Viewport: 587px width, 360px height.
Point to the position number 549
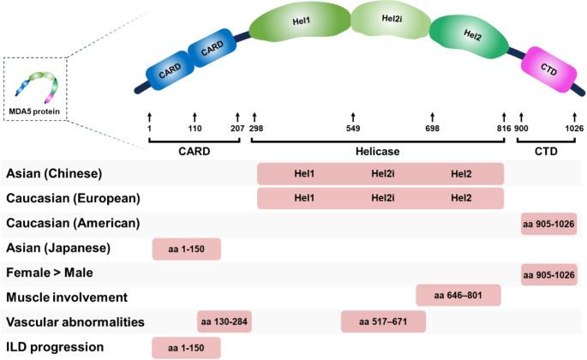(353, 129)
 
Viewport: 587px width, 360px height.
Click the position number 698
(432, 129)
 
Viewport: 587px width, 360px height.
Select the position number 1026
(573, 129)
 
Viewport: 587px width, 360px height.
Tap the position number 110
(195, 129)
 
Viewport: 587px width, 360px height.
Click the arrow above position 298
(254, 115)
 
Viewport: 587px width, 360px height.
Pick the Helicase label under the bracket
(378, 149)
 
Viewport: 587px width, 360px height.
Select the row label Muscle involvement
(66, 297)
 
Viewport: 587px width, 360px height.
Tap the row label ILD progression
(56, 347)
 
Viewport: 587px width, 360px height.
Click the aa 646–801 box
(458, 297)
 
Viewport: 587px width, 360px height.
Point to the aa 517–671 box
(383, 322)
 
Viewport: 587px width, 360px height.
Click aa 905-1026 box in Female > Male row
(548, 273)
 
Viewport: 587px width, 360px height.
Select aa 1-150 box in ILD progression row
(186, 347)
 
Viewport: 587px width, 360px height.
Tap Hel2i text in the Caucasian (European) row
(382, 198)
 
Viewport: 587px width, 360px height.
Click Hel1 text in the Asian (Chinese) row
(303, 174)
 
